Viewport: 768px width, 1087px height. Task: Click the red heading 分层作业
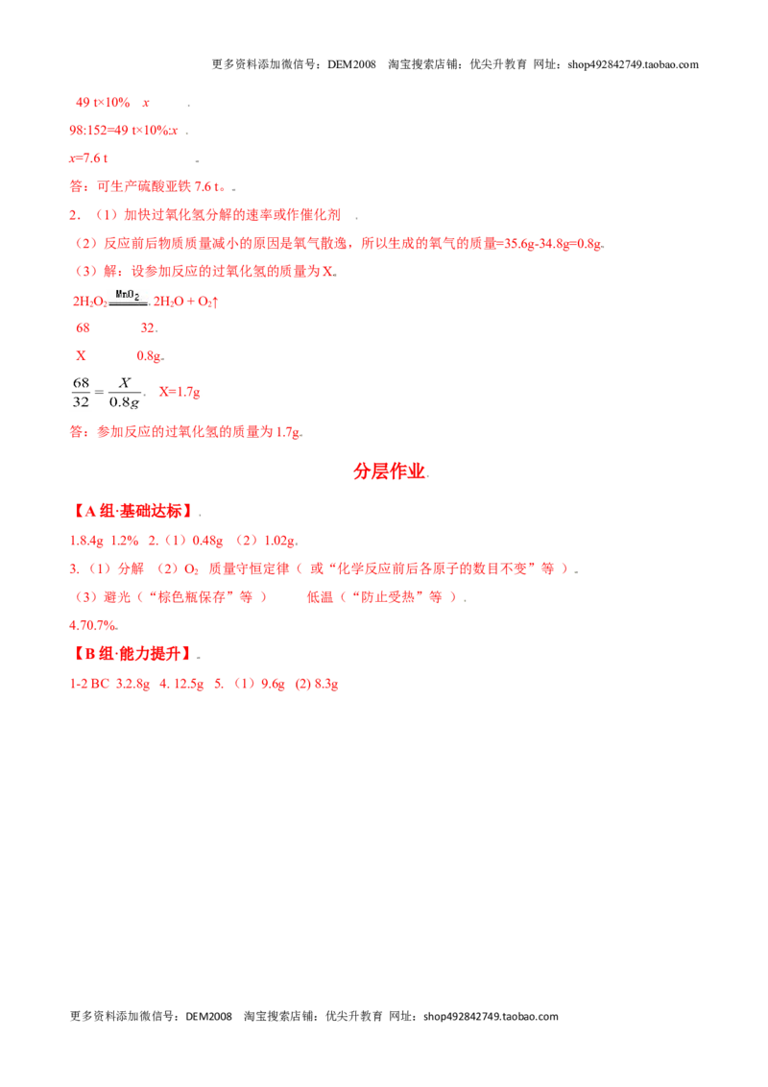pos(389,471)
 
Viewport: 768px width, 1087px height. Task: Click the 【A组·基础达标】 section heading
pos(133,512)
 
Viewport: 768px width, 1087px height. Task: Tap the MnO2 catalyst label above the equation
pos(128,295)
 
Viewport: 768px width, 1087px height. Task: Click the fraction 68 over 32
pos(81,393)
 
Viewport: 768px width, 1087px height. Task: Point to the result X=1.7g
pos(180,393)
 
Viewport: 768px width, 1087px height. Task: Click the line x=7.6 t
pos(88,158)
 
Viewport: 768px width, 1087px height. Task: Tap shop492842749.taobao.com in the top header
pos(633,64)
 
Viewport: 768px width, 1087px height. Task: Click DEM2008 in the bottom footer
pos(208,1016)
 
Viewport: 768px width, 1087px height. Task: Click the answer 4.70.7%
pos(93,625)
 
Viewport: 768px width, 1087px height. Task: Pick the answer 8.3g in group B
pos(326,685)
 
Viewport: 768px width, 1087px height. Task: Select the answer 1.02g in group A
pos(281,541)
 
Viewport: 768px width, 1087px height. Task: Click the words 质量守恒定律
pos(249,568)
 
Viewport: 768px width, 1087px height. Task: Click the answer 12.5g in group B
pos(188,685)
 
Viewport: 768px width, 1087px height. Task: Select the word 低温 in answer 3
pos(321,597)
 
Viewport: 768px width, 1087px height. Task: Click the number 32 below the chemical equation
pos(148,327)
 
